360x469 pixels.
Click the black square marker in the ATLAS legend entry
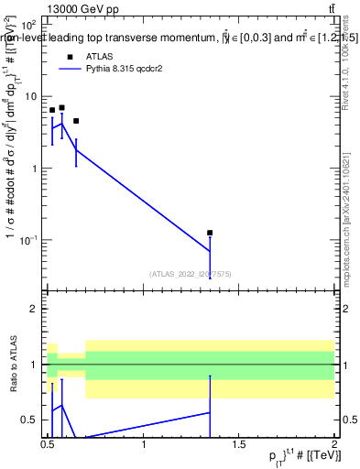(70, 56)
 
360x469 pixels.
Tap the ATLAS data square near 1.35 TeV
(210, 233)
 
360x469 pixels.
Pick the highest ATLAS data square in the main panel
(61, 107)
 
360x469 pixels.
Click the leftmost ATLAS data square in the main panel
(52, 110)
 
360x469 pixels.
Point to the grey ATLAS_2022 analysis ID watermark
(191, 273)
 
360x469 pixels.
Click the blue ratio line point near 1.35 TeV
(210, 412)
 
